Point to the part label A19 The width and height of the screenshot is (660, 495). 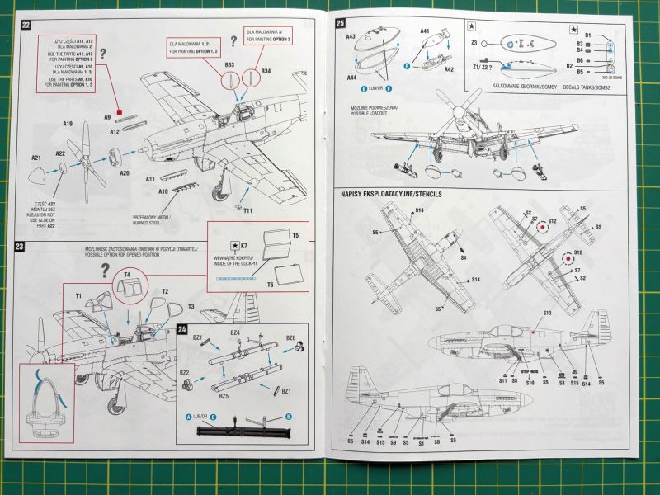coord(68,125)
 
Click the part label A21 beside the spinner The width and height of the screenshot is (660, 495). coord(36,157)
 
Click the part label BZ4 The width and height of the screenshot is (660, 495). coord(235,332)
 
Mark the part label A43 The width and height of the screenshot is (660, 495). coord(351,37)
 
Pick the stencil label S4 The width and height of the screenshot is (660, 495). coord(464,258)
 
